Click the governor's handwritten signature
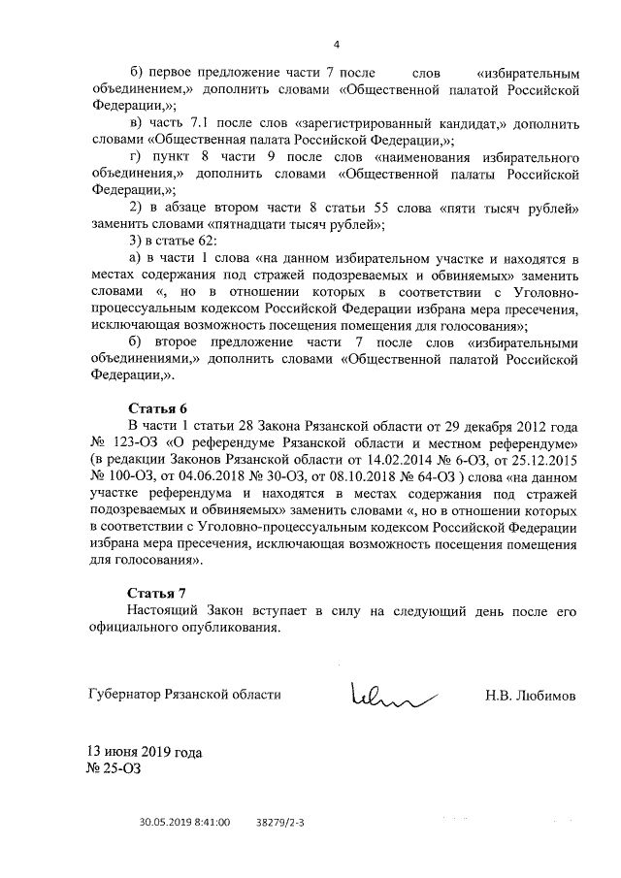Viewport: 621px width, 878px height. [388, 694]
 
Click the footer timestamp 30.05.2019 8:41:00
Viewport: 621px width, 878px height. [184, 822]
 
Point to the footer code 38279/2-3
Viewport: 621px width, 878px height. [280, 822]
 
